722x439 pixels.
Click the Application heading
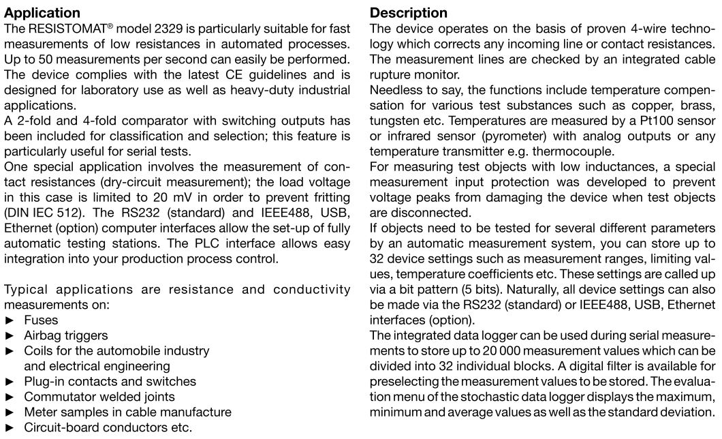42,13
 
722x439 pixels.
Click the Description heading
409,13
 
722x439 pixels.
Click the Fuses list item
41,320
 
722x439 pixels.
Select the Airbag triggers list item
65,335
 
